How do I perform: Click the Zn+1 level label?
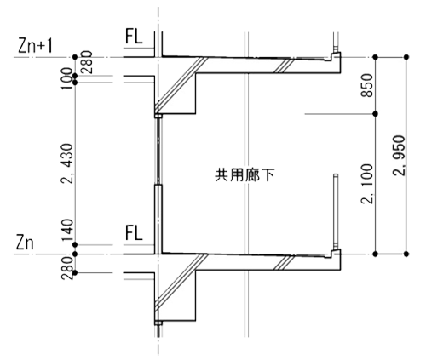(x=35, y=45)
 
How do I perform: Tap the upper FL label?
(x=134, y=36)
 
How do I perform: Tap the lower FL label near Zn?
(x=134, y=232)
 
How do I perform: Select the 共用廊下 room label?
(x=245, y=175)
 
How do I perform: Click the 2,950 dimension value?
(x=399, y=156)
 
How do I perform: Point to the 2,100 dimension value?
(x=366, y=184)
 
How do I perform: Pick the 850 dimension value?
(x=366, y=85)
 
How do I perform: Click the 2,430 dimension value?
(x=67, y=163)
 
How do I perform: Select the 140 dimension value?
(x=67, y=230)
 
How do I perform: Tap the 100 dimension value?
(x=67, y=78)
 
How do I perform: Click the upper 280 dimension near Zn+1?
(x=87, y=62)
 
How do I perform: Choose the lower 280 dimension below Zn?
(x=67, y=268)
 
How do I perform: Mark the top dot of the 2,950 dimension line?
(x=406, y=57)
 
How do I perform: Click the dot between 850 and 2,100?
(x=375, y=114)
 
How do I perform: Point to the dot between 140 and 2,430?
(x=75, y=244)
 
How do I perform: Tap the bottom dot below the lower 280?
(x=75, y=273)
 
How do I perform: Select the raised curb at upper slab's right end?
(x=336, y=56)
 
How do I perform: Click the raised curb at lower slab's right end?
(x=336, y=254)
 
